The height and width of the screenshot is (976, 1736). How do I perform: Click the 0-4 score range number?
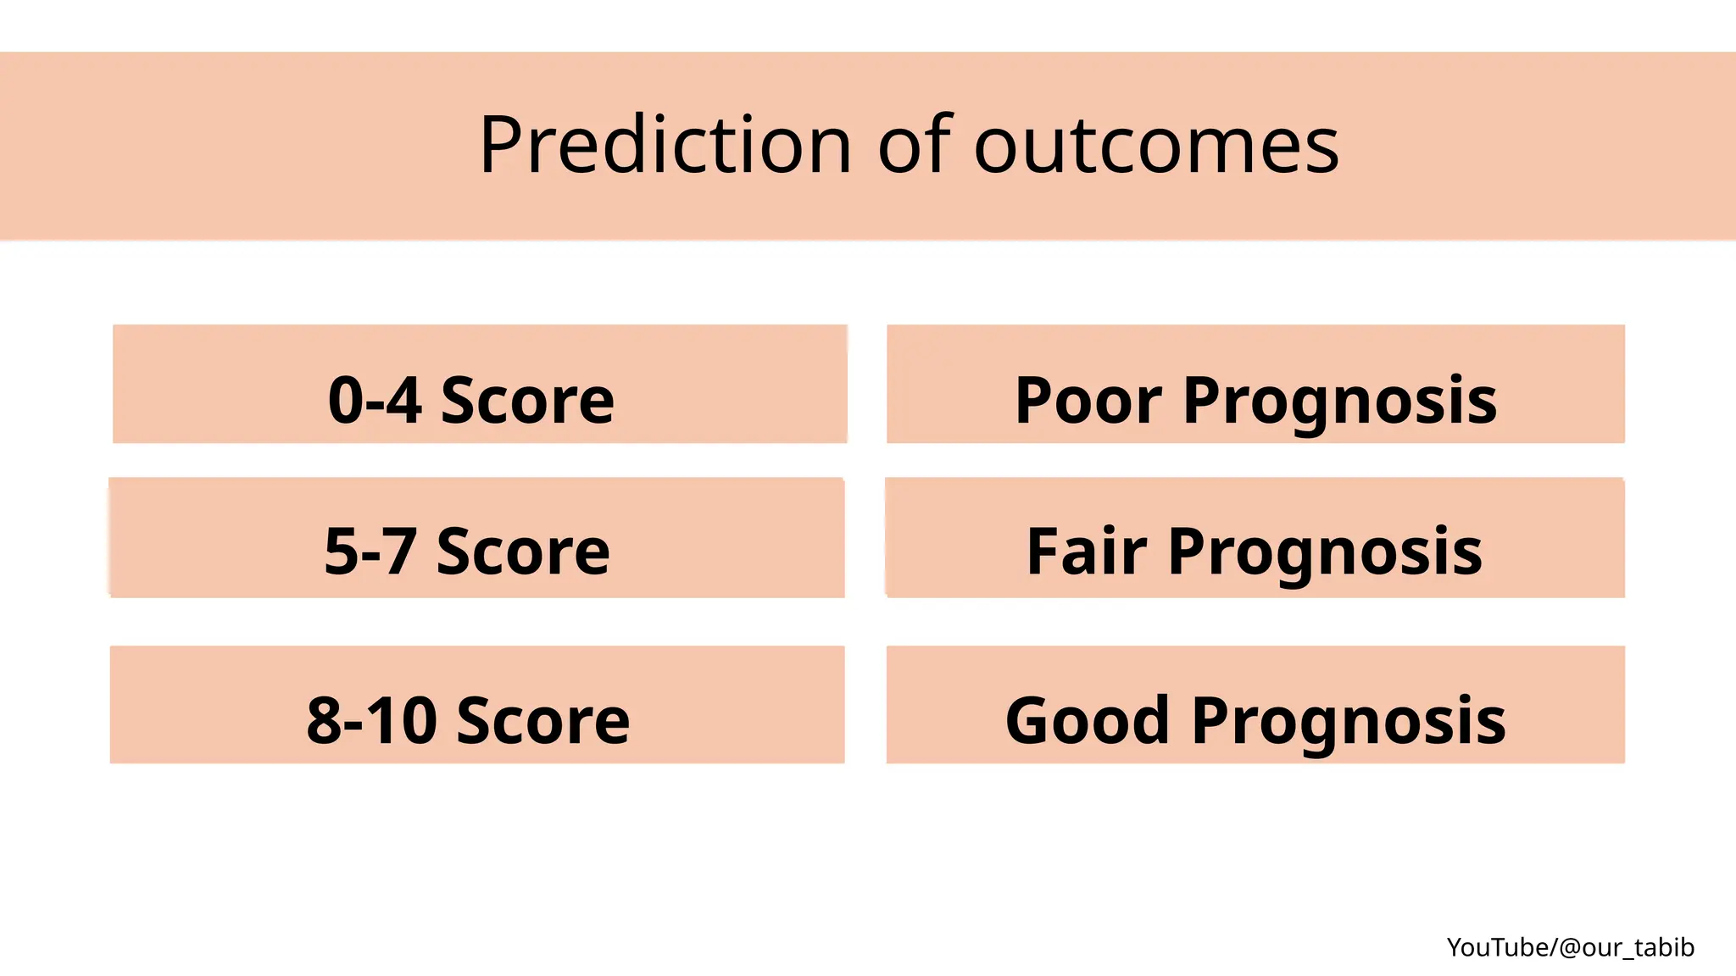(x=374, y=400)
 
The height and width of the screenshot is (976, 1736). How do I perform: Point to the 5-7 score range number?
(x=370, y=552)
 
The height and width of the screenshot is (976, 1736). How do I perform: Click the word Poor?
(x=1088, y=400)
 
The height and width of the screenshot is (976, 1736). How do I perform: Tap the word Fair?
(x=1087, y=552)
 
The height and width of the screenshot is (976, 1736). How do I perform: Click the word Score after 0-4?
(x=527, y=400)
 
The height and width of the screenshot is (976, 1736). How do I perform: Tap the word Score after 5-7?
(x=523, y=552)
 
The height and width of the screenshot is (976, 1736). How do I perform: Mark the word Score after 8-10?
(x=543, y=721)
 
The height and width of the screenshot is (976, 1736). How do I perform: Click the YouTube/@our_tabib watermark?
(x=1570, y=947)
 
